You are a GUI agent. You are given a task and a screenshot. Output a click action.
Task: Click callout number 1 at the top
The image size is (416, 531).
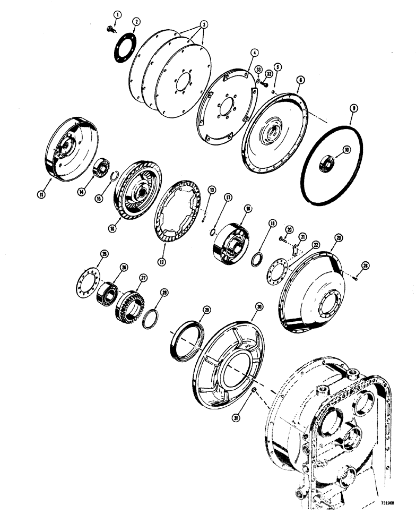click(117, 14)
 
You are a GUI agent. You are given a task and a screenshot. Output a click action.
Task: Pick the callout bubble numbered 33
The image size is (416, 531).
click(258, 69)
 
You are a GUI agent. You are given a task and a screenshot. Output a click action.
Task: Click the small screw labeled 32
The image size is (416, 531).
click(264, 83)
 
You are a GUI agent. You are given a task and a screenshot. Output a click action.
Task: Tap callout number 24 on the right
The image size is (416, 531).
click(365, 265)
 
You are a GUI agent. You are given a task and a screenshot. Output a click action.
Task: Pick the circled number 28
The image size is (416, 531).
click(164, 293)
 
